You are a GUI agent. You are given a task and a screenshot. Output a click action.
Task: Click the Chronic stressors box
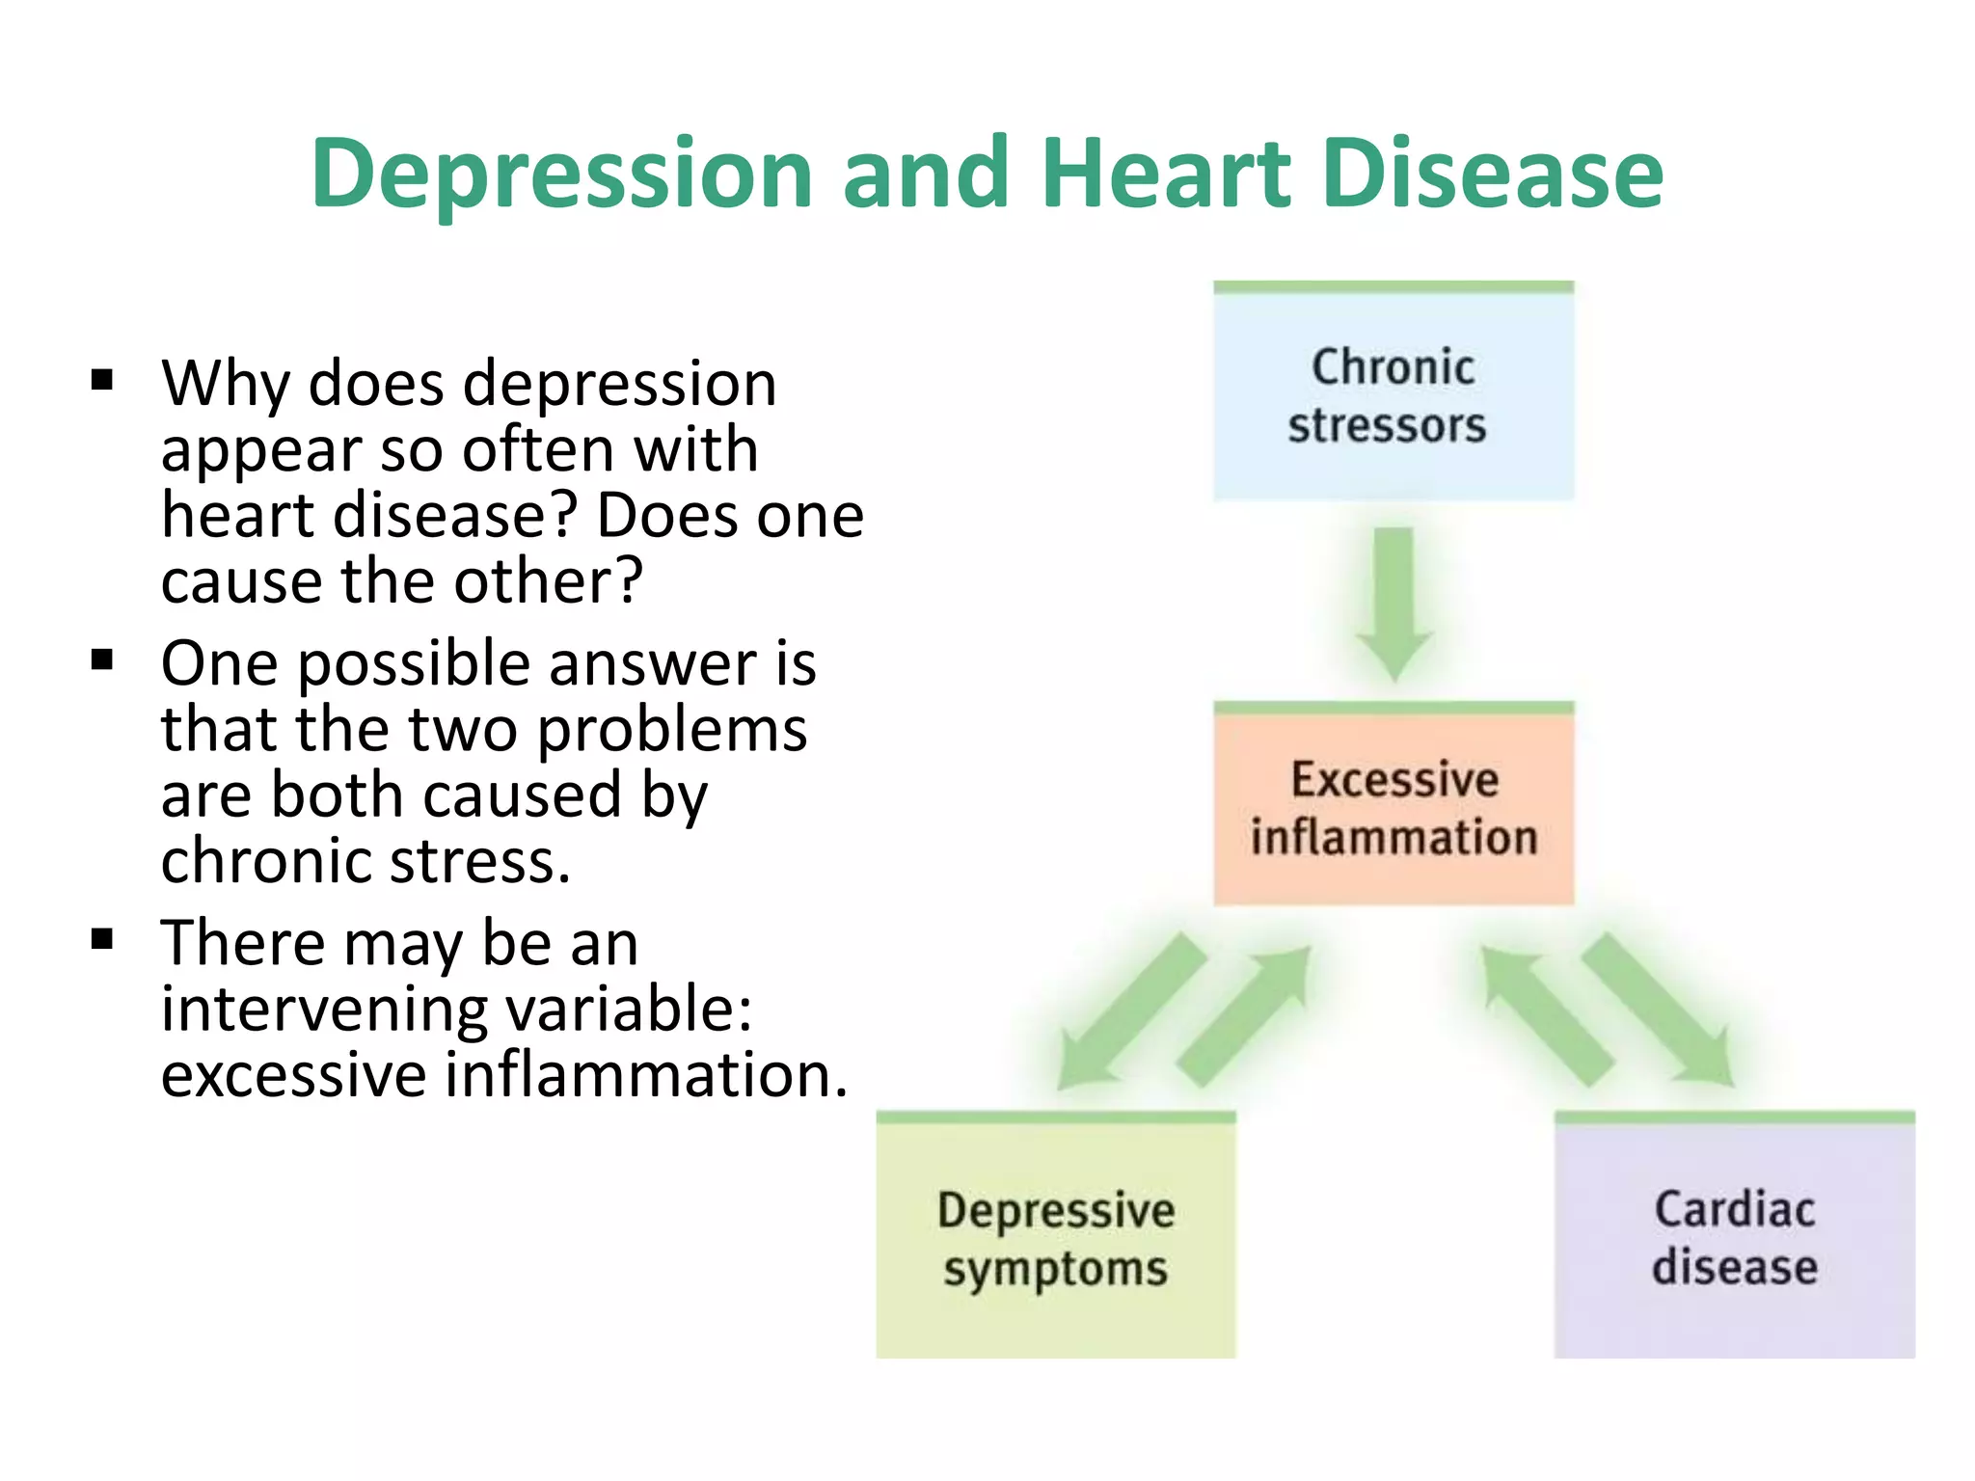1393,395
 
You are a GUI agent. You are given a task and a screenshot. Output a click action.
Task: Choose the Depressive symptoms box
1056,1238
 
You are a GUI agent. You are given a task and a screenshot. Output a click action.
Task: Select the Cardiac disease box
1734,1238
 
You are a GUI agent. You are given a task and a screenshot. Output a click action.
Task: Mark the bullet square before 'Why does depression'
102,380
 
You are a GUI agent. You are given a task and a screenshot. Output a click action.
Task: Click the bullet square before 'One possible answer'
102,660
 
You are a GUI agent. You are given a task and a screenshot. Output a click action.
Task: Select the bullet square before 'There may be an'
102,939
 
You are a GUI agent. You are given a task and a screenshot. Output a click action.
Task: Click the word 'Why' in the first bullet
225,384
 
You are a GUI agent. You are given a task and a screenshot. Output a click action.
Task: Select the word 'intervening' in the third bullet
325,1010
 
